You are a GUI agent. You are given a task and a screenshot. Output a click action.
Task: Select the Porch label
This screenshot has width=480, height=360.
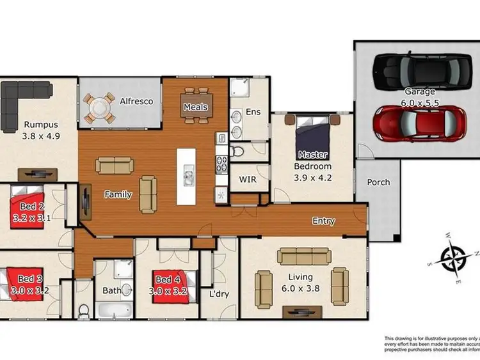click(x=378, y=182)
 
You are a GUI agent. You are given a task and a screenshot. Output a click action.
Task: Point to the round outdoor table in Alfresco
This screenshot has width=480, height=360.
click(x=100, y=108)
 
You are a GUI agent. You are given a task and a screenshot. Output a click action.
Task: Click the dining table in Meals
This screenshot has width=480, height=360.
click(x=195, y=104)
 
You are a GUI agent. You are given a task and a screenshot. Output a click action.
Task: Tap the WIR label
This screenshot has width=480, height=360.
click(x=247, y=180)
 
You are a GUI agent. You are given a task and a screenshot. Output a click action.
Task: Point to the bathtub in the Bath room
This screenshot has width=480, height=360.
click(x=115, y=311)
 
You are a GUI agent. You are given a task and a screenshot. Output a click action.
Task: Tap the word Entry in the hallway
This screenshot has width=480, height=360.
click(x=324, y=221)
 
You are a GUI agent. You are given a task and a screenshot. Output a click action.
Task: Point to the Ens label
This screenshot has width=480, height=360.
click(x=254, y=113)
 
